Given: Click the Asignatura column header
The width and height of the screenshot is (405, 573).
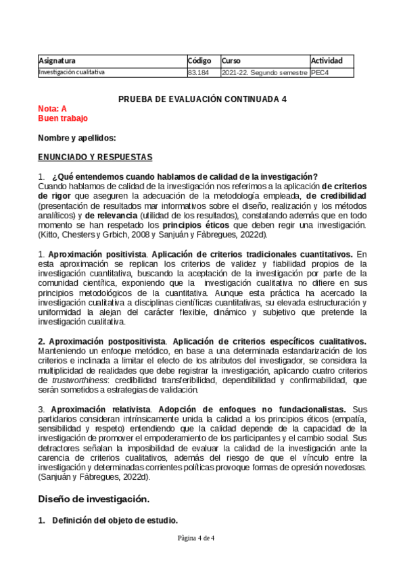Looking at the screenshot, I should tap(57, 60).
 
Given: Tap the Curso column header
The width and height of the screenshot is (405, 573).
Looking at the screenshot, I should tap(231, 60).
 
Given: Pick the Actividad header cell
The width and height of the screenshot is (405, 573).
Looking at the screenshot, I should tap(327, 60).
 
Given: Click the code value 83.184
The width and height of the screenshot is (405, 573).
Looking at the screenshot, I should tap(197, 72).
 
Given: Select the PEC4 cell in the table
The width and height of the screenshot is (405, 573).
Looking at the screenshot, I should tap(319, 72).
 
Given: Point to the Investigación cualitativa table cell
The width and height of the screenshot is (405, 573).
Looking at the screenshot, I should tap(72, 72).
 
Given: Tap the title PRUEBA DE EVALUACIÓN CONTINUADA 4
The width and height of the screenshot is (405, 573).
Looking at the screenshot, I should tap(202, 99).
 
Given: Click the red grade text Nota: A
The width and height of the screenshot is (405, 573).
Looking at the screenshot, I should tap(53, 108).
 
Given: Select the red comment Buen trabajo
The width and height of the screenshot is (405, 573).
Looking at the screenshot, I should tap(63, 118).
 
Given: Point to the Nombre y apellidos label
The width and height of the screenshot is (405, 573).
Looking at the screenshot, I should tap(77, 138).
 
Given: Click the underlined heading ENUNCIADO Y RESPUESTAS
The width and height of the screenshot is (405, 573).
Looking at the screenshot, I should tap(95, 157).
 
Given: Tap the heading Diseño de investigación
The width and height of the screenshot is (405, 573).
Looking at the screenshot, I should tap(93, 499).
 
